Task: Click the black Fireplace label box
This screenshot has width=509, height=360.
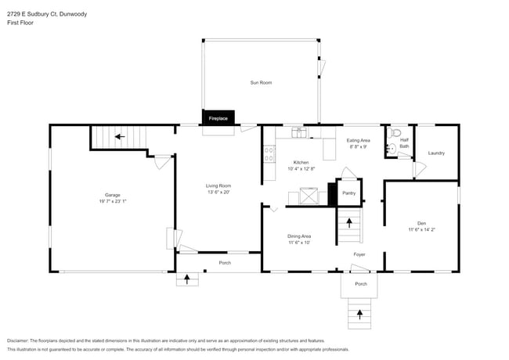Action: click(218, 118)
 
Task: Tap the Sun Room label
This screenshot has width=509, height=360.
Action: click(261, 82)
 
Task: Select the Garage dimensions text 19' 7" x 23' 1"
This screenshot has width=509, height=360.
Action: click(113, 201)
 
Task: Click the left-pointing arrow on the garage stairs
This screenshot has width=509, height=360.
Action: click(119, 136)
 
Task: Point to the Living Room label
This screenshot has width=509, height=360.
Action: click(218, 185)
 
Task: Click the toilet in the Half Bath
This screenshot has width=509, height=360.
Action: click(396, 133)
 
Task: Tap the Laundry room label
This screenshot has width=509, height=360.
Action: click(436, 153)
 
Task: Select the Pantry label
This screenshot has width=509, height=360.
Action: click(348, 193)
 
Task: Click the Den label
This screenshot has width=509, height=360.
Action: click(421, 223)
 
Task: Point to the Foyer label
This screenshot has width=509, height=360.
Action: click(359, 254)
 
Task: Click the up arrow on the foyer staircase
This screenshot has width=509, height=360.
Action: click(349, 222)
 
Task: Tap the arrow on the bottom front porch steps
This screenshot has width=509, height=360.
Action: click(360, 314)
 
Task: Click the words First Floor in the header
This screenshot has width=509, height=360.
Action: click(20, 23)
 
